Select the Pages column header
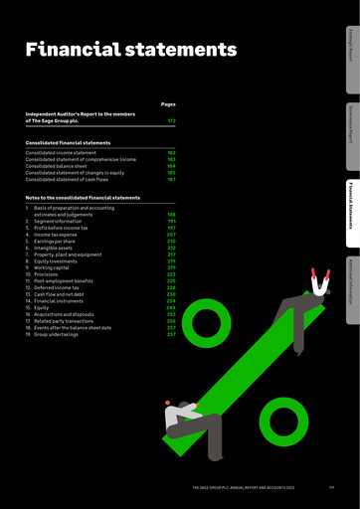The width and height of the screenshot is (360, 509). tap(167, 103)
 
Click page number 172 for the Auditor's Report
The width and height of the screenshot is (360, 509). tap(171, 120)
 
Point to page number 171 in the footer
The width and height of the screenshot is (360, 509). tap(329, 487)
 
